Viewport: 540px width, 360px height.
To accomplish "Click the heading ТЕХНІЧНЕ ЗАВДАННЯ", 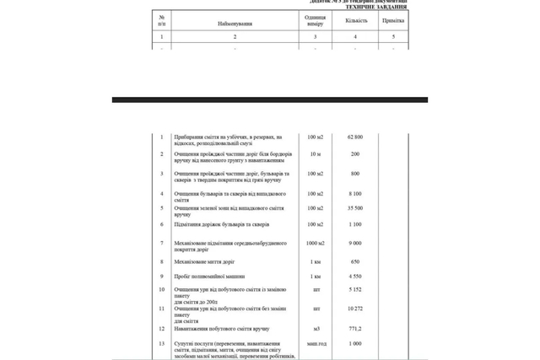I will coord(375,7).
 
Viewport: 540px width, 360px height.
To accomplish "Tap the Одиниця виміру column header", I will coord(315,21).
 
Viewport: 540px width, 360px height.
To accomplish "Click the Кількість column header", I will coord(355,21).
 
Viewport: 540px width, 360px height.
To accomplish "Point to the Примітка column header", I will coord(392,21).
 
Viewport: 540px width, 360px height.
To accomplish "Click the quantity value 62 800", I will coord(355,137).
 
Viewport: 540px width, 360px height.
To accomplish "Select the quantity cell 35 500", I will coord(355,208).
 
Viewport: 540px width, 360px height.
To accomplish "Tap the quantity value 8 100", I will coord(355,194).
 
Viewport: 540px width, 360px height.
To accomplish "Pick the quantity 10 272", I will coord(355,309).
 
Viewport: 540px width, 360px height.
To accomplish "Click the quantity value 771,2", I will coord(355,329).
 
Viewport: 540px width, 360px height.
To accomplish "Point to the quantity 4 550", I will coord(355,276).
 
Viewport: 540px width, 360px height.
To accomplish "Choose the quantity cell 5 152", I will coord(355,289).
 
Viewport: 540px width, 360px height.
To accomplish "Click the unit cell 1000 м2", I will coord(315,244).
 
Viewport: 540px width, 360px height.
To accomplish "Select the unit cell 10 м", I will coord(315,154).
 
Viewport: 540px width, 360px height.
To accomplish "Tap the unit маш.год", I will coord(316,344).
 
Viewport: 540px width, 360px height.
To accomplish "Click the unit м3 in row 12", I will coord(316,329).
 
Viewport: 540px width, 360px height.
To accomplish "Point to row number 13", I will coord(162,344).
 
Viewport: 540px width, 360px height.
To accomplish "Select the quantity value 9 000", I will coord(355,244).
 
